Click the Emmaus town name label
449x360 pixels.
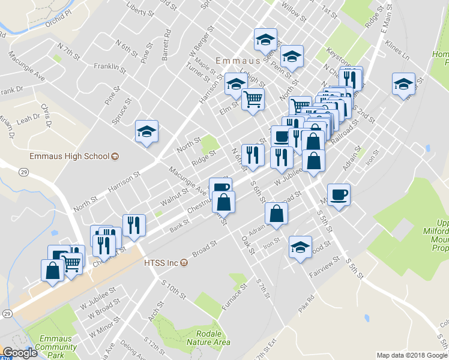click(241, 61)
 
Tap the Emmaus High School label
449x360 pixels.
click(70, 157)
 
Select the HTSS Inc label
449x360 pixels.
click(160, 262)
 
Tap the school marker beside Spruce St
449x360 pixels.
click(146, 131)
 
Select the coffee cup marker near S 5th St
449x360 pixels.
click(339, 194)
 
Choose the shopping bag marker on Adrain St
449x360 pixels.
click(276, 214)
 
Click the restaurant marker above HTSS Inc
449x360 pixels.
click(133, 225)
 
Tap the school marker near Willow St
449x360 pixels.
click(264, 40)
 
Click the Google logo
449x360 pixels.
click(19, 353)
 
